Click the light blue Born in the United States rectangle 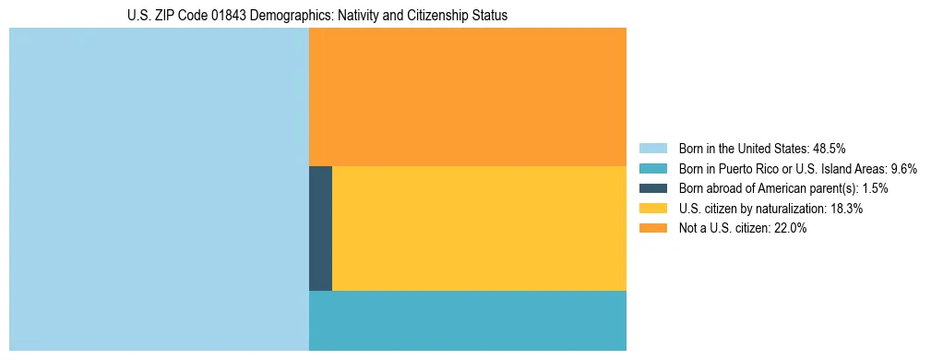pyautogui.click(x=159, y=189)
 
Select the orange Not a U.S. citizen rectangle pyautogui.click(x=467, y=97)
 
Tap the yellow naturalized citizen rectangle pyautogui.click(x=479, y=228)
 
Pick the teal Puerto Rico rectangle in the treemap pyautogui.click(x=467, y=320)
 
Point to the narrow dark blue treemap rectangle pyautogui.click(x=320, y=228)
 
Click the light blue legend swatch pyautogui.click(x=653, y=148)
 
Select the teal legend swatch pyautogui.click(x=653, y=168)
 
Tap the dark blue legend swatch pyautogui.click(x=653, y=188)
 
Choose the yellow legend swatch pyautogui.click(x=653, y=209)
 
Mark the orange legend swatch pyautogui.click(x=653, y=229)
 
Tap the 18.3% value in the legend pyautogui.click(x=846, y=209)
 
